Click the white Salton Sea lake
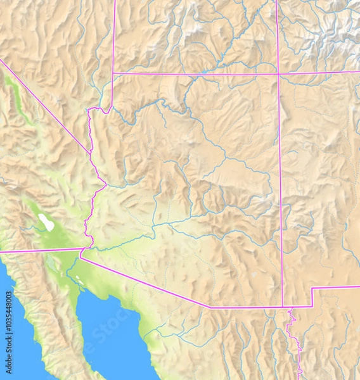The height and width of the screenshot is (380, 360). (46, 222)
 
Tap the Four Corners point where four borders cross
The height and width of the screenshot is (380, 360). (278, 74)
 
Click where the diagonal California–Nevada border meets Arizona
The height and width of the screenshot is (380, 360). (91, 153)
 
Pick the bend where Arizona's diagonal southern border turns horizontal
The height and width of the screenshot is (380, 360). (210, 307)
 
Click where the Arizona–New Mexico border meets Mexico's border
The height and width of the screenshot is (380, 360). (283, 307)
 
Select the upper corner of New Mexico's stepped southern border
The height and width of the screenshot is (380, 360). (312, 289)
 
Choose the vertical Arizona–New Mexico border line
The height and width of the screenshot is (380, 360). (280, 190)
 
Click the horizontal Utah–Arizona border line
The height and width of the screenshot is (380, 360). (190, 74)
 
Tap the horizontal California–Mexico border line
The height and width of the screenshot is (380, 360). (38, 251)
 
